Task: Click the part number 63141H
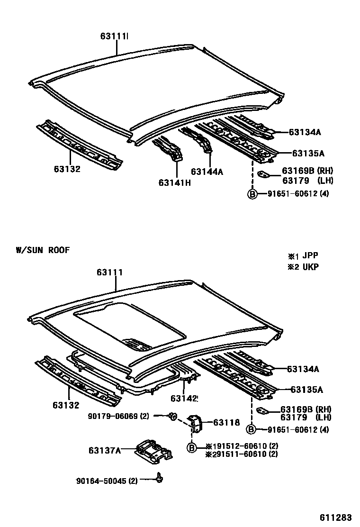[175, 183]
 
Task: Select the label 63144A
[207, 172]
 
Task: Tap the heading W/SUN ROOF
[42, 250]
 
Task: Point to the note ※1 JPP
[302, 256]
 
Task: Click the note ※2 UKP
[302, 266]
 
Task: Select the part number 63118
[226, 422]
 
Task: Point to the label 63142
[184, 399]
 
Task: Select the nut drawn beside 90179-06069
[173, 417]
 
